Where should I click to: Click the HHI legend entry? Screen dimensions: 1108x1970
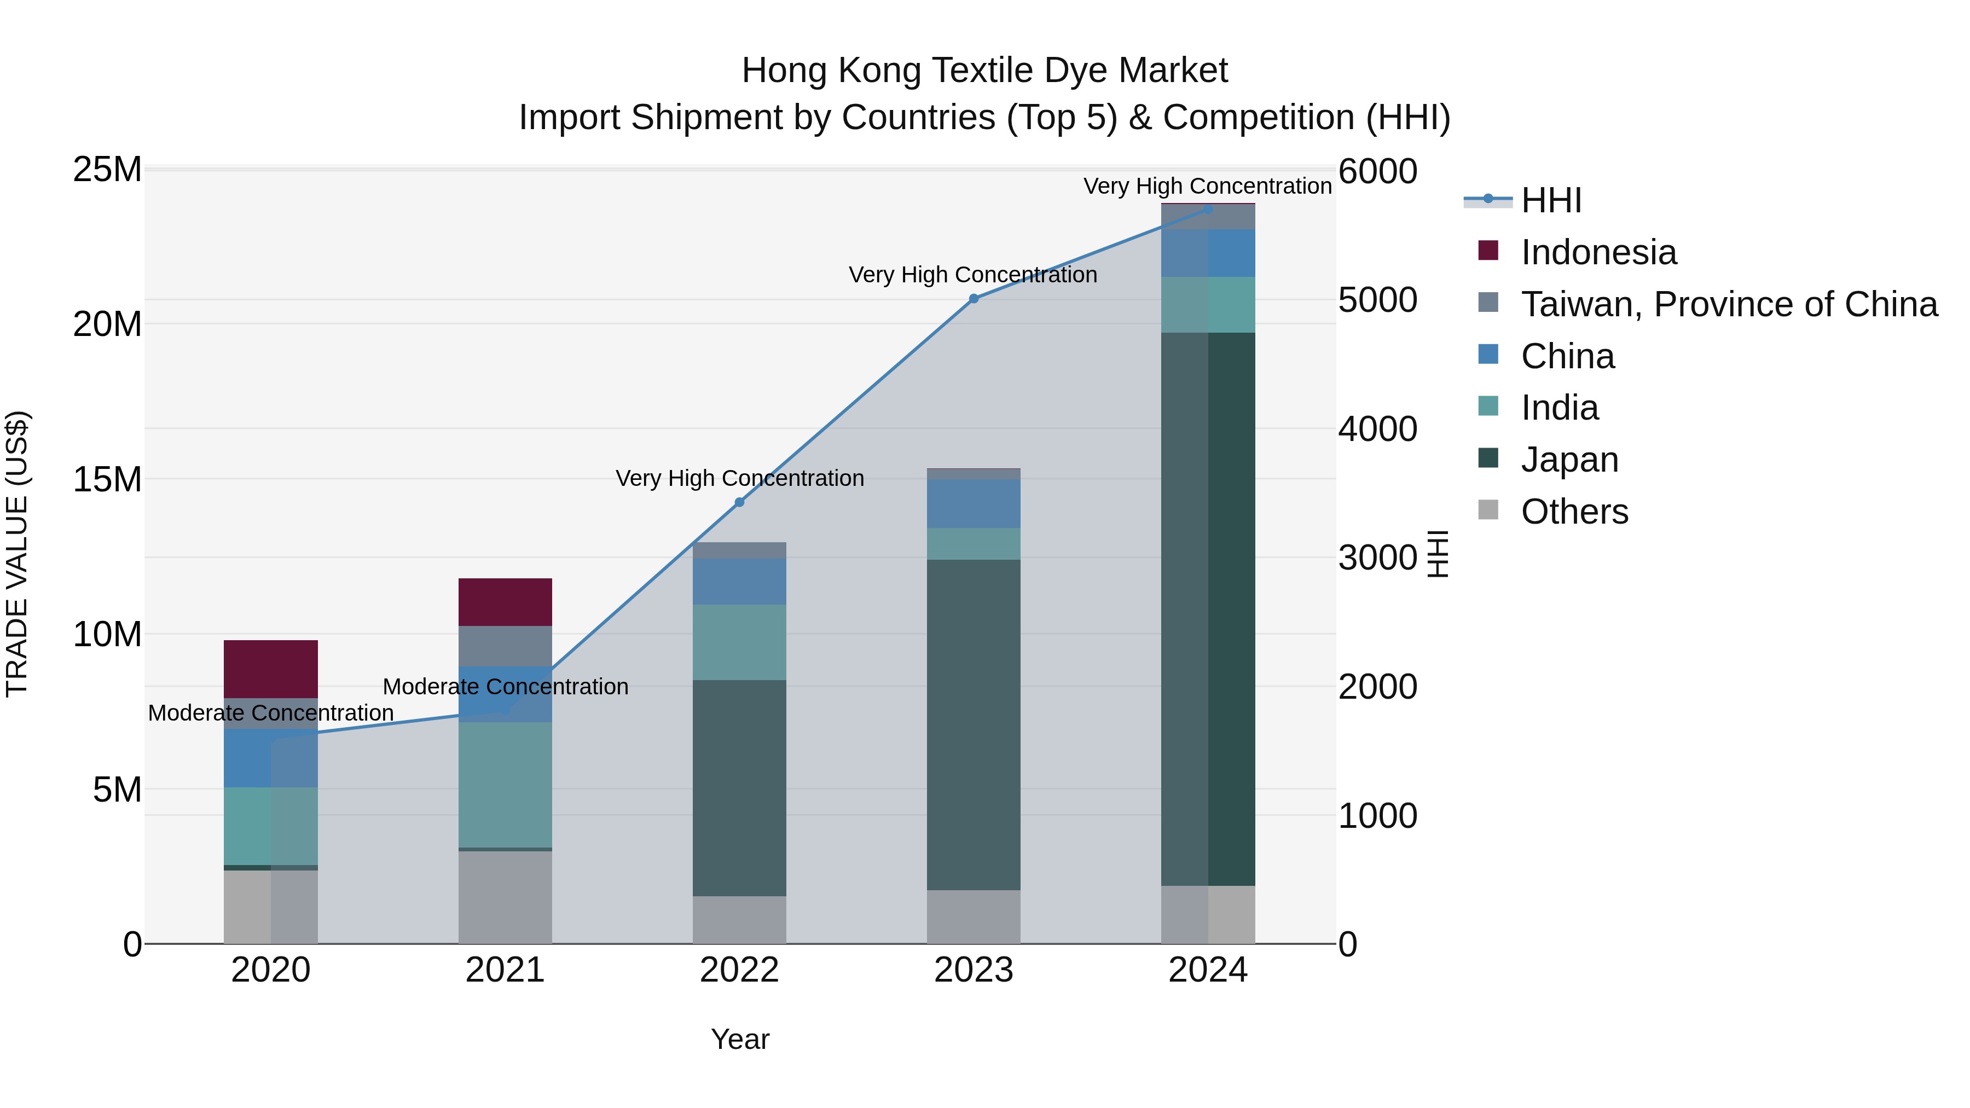(x=1550, y=200)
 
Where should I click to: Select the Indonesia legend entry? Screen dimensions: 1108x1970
(x=1598, y=252)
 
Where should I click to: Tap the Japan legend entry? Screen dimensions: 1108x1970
(x=1569, y=460)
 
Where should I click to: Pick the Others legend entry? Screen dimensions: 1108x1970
(x=1574, y=512)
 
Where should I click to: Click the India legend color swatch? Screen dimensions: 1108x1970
(x=1488, y=406)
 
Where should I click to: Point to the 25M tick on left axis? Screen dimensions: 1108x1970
(x=107, y=169)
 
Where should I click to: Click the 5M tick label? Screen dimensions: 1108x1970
(x=117, y=789)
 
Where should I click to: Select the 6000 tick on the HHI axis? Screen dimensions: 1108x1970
(x=1377, y=171)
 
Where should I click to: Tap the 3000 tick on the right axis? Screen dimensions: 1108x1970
(x=1377, y=558)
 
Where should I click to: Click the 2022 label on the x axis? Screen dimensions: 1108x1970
(x=739, y=970)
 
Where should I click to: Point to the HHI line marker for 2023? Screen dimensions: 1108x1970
(x=974, y=299)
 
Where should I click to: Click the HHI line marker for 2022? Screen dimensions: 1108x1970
(x=739, y=502)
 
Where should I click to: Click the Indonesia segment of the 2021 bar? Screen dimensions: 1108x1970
(x=505, y=602)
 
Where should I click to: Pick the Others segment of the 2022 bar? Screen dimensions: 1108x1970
(x=739, y=920)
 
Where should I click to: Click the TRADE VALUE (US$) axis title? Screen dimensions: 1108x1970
(x=17, y=554)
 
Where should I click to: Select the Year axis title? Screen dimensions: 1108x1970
(x=739, y=1039)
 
